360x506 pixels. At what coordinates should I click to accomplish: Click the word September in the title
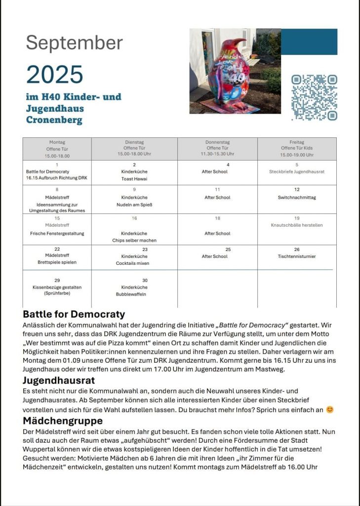click(x=74, y=43)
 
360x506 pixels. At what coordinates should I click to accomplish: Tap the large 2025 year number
click(x=55, y=75)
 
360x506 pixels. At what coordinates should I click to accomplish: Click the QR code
click(x=314, y=97)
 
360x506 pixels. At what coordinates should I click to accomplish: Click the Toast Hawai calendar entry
click(x=134, y=179)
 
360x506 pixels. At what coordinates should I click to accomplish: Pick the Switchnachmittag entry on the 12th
click(x=297, y=198)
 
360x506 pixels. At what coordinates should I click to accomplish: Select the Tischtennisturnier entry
click(x=297, y=256)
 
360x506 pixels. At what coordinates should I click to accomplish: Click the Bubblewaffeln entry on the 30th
click(x=134, y=294)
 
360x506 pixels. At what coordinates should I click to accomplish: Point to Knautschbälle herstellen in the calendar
click(x=297, y=225)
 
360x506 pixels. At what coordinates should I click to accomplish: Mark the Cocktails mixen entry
click(x=134, y=263)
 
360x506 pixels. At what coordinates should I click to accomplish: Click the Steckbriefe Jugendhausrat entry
click(x=297, y=172)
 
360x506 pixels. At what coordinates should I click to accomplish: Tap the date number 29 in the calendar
click(x=57, y=280)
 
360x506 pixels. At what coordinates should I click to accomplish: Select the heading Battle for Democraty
click(x=74, y=314)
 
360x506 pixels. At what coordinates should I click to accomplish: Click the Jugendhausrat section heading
click(x=59, y=381)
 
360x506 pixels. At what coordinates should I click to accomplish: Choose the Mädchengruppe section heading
click(x=63, y=421)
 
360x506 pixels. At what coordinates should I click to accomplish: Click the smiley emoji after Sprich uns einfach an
click(x=330, y=410)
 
